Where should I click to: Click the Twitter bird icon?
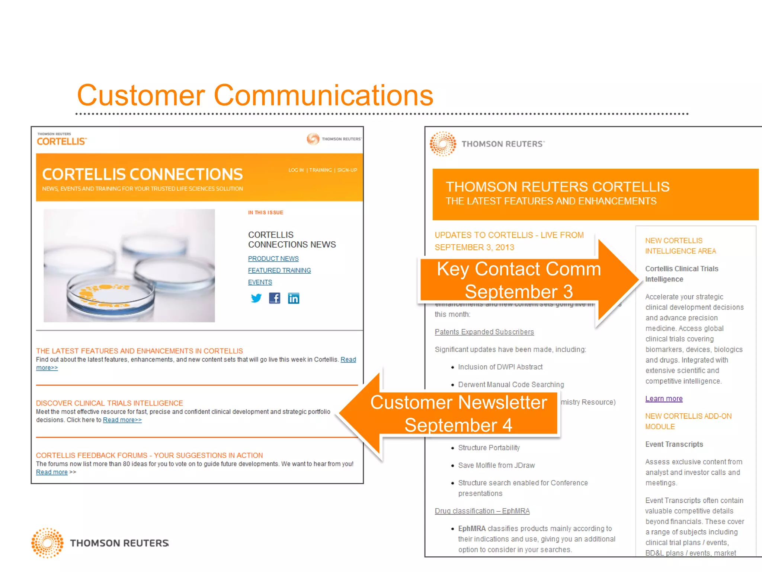(x=256, y=298)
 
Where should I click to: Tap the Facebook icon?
(x=275, y=298)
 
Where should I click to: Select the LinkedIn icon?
(x=294, y=298)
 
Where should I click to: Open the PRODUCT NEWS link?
(x=273, y=258)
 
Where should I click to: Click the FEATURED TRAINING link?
(x=279, y=270)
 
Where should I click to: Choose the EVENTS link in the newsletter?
(x=260, y=282)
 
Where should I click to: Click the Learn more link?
(x=664, y=398)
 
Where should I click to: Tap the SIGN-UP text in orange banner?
(x=347, y=170)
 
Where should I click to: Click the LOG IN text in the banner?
(x=296, y=170)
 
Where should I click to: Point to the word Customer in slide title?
(x=141, y=95)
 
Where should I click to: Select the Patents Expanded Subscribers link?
(x=484, y=332)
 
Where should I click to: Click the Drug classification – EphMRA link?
(x=482, y=511)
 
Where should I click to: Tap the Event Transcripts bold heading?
(x=674, y=444)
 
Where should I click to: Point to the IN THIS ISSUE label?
(x=266, y=213)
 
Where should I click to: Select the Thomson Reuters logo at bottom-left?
(x=100, y=543)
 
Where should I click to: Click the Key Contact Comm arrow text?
(x=519, y=280)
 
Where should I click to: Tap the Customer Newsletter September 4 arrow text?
(x=458, y=414)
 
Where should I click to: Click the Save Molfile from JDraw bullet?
(x=496, y=465)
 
